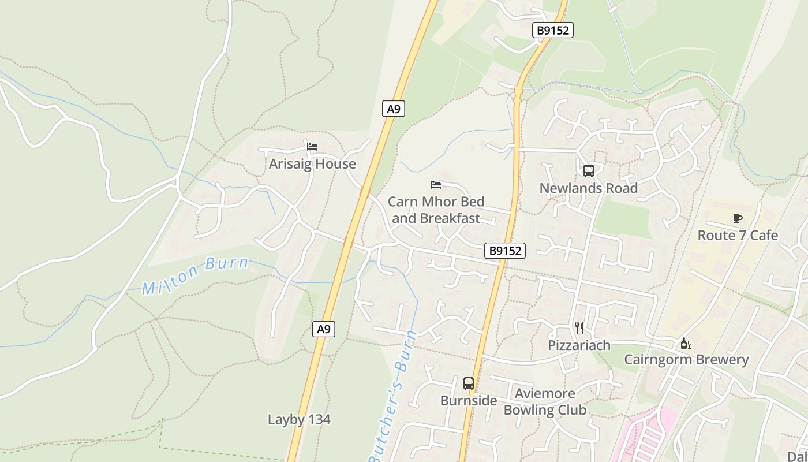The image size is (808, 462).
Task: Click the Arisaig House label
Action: point(312,164)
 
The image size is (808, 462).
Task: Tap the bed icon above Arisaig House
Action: point(312,147)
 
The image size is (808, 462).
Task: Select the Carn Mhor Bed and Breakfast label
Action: point(436,210)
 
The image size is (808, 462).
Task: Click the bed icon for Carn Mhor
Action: point(436,185)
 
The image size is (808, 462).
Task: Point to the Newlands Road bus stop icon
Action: point(589,171)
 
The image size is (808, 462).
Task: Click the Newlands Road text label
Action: point(589,188)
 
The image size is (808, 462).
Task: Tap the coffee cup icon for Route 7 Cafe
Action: point(737,218)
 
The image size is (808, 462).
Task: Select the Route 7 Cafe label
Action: point(738,236)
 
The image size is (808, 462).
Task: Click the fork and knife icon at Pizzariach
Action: point(579,328)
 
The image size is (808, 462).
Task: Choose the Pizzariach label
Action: point(579,345)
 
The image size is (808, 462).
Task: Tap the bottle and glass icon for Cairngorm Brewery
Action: point(686,344)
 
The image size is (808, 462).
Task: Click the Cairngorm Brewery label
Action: point(686,360)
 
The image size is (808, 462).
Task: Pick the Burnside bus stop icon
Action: point(469,383)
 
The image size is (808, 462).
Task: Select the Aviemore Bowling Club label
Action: point(545,402)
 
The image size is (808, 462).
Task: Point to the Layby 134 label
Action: point(299,419)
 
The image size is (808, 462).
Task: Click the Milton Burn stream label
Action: point(195,276)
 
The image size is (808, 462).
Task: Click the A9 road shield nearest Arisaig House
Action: point(393,109)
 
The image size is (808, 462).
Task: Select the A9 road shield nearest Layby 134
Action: point(324,329)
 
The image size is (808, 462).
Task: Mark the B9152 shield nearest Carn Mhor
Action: point(505,251)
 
